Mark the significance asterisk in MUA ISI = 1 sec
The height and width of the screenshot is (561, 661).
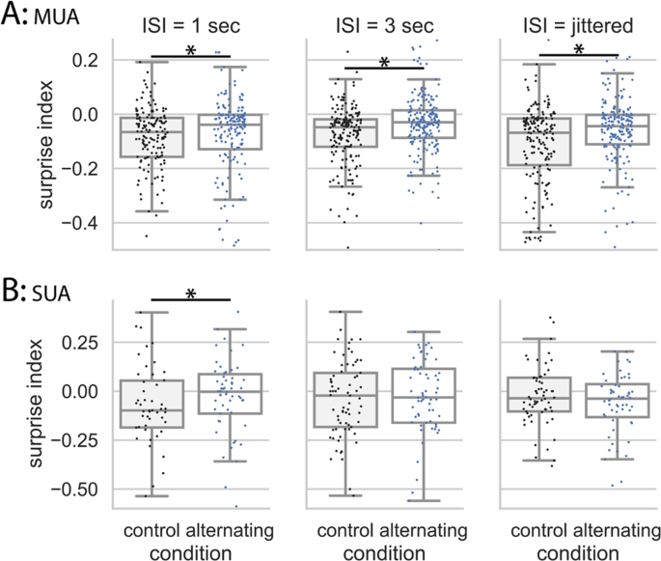(191, 52)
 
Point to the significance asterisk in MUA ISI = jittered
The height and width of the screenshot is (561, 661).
(579, 50)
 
